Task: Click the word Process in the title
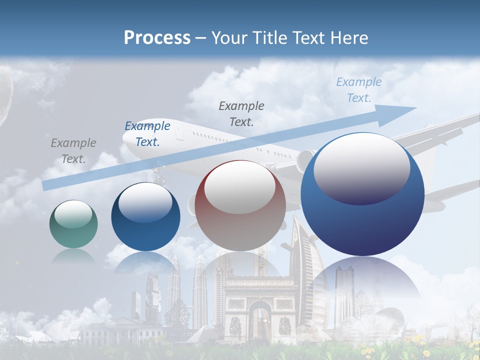coord(157,37)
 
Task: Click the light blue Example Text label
coord(358,90)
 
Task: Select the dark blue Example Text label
coord(147,134)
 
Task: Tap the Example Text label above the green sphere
coord(73,151)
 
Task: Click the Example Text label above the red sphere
coord(241,113)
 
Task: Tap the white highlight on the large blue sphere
coord(361,167)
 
